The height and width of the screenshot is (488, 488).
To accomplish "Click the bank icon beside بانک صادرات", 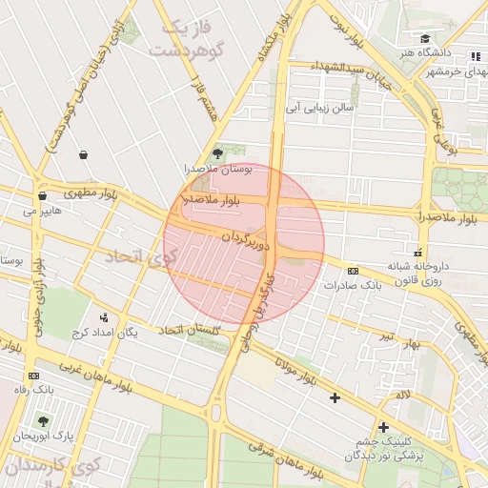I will pos(354,271).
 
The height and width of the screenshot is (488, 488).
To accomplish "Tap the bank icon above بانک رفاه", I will pos(34,375).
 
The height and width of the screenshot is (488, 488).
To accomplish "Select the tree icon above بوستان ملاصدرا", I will pos(218,152).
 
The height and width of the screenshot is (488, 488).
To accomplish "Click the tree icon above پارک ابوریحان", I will pos(43,419).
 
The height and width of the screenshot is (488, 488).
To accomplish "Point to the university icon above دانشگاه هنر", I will pos(425,39).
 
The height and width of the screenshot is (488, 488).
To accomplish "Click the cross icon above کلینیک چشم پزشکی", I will pos(383,427).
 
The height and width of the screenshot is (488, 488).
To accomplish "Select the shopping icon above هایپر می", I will pos(41,195).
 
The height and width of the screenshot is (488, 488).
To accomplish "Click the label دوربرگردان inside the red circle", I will pos(246,239).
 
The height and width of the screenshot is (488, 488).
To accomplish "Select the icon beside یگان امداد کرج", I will pos(104,317).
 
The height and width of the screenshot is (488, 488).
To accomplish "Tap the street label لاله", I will pos(404,394).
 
